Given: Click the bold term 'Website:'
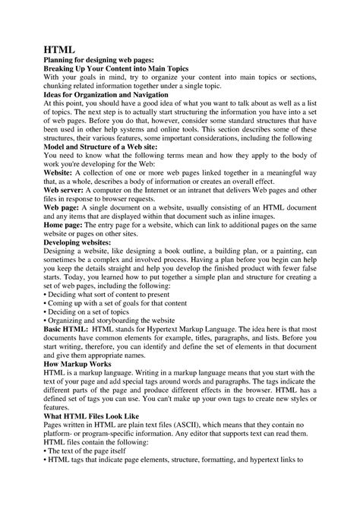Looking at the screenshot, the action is (x=58, y=171).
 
